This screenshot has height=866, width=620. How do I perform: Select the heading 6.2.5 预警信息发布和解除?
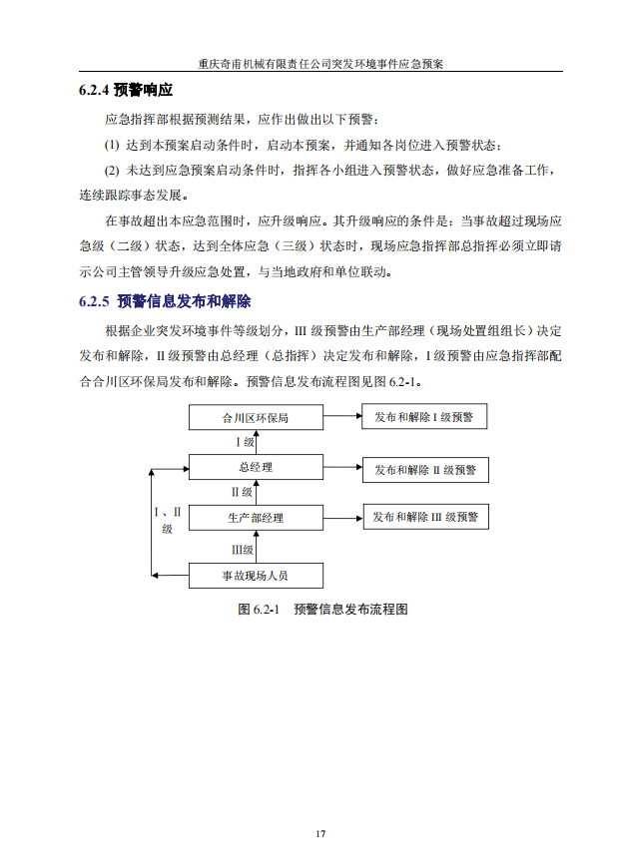click(164, 301)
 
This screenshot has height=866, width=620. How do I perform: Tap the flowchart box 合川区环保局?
click(256, 418)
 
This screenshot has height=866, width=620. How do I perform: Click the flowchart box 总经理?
click(256, 467)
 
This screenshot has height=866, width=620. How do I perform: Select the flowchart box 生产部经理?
click(256, 518)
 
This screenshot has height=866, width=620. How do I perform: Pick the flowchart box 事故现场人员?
click(256, 576)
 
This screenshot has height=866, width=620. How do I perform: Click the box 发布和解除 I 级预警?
click(424, 417)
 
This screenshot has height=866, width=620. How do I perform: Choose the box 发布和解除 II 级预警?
click(425, 468)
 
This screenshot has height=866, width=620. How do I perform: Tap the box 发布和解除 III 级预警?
click(425, 517)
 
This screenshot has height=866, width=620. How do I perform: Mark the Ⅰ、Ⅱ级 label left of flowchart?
click(168, 520)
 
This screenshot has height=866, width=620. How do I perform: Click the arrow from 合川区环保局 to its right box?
click(341, 417)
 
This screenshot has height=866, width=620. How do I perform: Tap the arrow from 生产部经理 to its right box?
click(341, 517)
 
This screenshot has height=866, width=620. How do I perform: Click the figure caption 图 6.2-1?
click(322, 608)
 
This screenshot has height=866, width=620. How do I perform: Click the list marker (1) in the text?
click(112, 145)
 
